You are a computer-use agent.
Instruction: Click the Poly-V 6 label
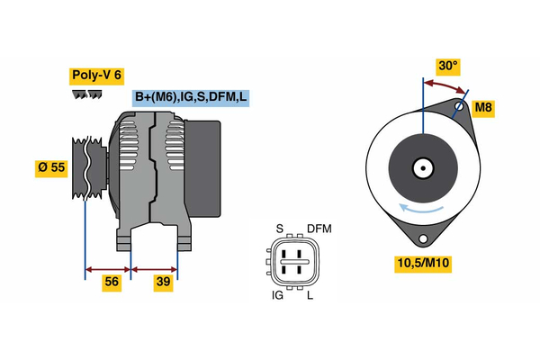tap(95, 76)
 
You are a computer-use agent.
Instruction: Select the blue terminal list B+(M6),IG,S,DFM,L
tap(191, 98)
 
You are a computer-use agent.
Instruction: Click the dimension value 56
tap(112, 282)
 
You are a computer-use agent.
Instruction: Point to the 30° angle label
tap(447, 66)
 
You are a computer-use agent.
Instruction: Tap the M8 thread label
tap(483, 108)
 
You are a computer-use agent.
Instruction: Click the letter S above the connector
tap(279, 229)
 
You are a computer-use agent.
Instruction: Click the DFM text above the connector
tap(319, 229)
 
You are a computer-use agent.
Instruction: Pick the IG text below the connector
tap(278, 294)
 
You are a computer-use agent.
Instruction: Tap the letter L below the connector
tap(310, 294)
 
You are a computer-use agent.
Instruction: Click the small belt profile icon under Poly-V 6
tap(88, 94)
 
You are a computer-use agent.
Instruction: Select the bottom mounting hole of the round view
tap(421, 238)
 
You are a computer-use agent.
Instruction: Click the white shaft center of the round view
tap(421, 167)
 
